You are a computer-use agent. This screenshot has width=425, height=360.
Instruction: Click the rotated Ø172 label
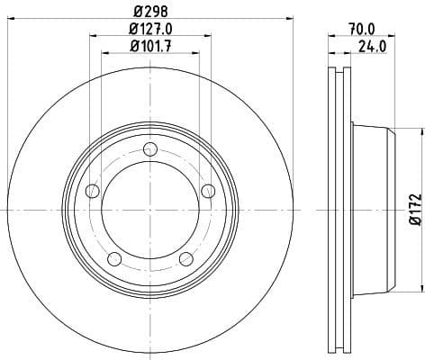coord(414,208)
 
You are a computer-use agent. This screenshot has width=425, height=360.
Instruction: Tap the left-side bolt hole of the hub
coord(91,191)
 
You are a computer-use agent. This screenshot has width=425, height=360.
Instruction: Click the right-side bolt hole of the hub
coord(208,190)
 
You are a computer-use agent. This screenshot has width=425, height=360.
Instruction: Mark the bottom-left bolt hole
coord(113,259)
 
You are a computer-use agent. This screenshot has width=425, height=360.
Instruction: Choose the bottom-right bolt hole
coord(185,259)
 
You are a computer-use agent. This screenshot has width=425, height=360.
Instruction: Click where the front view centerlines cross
coord(149,209)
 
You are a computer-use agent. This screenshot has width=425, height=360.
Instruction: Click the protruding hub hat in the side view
coord(374,209)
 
